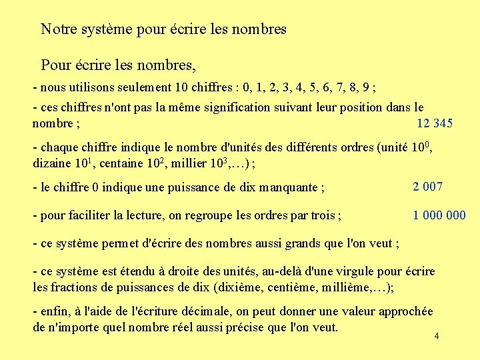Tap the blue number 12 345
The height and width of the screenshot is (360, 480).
[x=434, y=123]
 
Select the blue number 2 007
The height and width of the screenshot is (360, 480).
[x=427, y=187]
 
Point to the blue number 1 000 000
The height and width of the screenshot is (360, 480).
[x=439, y=215]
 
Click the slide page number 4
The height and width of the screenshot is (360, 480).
[x=436, y=336]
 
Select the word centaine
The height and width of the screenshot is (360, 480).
[x=126, y=163]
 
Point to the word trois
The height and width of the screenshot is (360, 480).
[x=323, y=215]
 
